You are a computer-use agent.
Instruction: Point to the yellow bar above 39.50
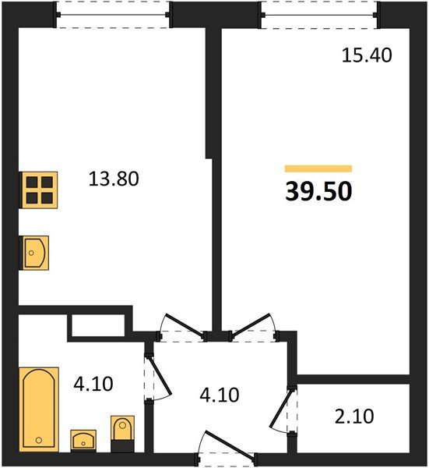[318, 168]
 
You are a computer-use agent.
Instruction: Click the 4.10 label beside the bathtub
[94, 384]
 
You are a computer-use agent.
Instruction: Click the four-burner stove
[37, 189]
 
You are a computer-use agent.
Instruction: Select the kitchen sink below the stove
[35, 253]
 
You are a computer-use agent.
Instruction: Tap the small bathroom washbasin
[83, 441]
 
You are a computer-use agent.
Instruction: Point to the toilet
[123, 434]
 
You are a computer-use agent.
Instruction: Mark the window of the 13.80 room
[114, 15]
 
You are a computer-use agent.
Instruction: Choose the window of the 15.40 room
[319, 15]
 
